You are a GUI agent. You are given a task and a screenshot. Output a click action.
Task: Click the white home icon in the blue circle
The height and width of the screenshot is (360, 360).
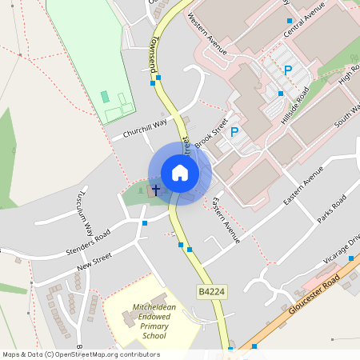tap(180, 173)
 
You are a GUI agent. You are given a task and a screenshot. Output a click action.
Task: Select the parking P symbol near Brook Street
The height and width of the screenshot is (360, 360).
tap(234, 132)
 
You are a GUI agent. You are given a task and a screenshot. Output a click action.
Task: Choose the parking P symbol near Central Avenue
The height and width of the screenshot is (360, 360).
tap(288, 70)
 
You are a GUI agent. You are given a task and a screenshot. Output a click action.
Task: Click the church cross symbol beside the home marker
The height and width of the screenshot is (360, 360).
tap(155, 189)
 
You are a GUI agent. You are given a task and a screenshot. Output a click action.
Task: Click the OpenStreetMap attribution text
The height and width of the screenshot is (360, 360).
tap(81, 354)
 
